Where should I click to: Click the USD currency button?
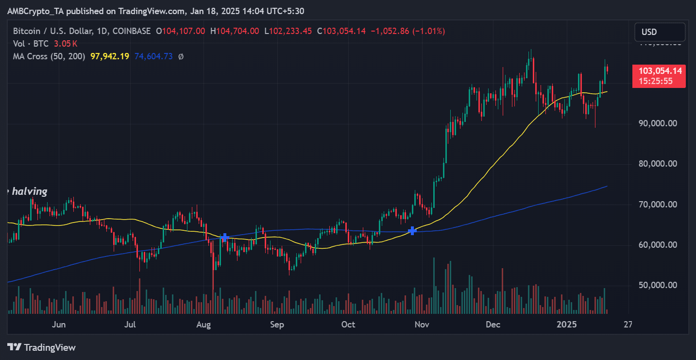[x=660, y=32]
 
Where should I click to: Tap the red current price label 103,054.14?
[x=659, y=71]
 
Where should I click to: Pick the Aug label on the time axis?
[x=204, y=325]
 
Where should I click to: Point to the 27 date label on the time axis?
[x=628, y=325]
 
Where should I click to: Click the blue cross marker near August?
[x=224, y=238]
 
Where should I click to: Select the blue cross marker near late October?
[x=412, y=230]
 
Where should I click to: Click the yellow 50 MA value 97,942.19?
[x=110, y=56]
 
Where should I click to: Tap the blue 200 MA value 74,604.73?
[x=153, y=56]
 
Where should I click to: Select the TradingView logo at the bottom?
[x=42, y=347]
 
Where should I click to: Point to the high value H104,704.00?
[x=235, y=31]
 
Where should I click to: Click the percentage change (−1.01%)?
[x=428, y=31]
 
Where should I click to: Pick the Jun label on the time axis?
[x=58, y=325]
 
